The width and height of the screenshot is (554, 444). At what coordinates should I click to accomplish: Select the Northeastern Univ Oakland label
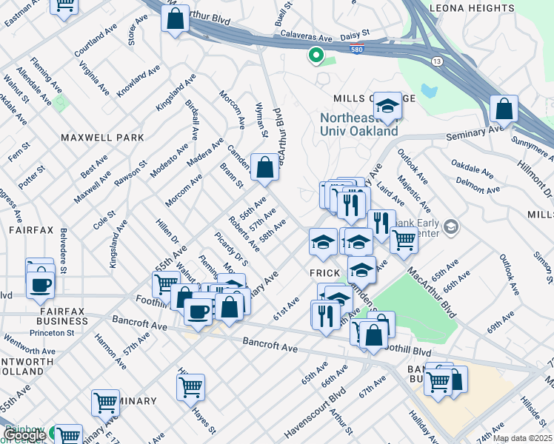[358, 124]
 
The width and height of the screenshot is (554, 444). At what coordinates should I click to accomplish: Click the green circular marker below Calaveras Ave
[316, 54]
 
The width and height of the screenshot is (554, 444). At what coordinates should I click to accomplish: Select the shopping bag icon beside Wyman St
[264, 167]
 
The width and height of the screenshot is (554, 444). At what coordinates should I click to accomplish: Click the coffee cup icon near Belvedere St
[41, 284]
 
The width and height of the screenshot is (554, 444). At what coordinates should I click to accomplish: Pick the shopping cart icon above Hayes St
[190, 386]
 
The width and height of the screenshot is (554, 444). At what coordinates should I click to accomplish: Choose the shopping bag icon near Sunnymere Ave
[504, 109]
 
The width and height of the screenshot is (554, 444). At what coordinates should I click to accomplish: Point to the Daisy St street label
[354, 36]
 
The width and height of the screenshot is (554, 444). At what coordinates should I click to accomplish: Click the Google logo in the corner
[25, 435]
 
